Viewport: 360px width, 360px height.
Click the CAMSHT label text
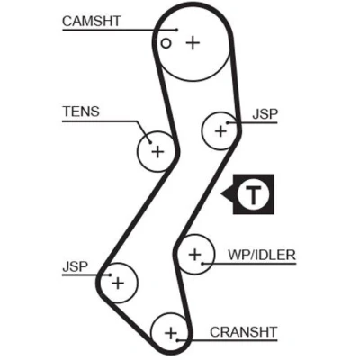[x=92, y=22]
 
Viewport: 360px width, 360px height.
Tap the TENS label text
[x=81, y=112]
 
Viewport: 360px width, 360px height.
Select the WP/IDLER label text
[x=262, y=255]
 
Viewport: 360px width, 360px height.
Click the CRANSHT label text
[x=243, y=332]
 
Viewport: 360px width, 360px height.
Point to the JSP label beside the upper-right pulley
[x=265, y=114]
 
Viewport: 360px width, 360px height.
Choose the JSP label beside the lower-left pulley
[x=76, y=266]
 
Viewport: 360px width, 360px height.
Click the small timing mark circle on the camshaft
[x=166, y=43]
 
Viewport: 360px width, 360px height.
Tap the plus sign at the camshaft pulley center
[x=193, y=43]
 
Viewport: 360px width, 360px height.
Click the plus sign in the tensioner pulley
[x=157, y=152]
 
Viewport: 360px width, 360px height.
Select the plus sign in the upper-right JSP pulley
[x=221, y=131]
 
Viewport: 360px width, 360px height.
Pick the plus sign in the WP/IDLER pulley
[x=195, y=255]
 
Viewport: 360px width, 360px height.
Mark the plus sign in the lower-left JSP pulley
[x=118, y=283]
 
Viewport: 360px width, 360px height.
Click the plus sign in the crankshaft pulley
[x=171, y=333]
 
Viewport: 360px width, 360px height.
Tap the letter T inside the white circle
[x=254, y=194]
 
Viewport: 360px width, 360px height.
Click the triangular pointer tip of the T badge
[x=221, y=193]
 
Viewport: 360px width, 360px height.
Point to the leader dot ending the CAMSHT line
[x=177, y=30]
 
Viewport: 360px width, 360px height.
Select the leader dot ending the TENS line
[x=150, y=142]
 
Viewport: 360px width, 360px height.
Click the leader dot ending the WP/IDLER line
[x=202, y=264]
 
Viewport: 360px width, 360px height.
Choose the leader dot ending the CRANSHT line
[x=177, y=340]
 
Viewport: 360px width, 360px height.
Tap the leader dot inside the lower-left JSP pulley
[x=111, y=274]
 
